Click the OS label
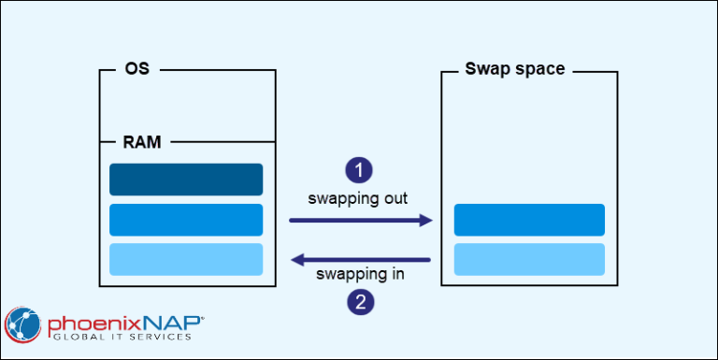(x=136, y=69)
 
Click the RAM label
(x=142, y=142)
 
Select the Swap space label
(x=515, y=69)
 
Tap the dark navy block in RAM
(x=186, y=180)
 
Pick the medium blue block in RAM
(x=186, y=220)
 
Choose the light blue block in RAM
(x=186, y=259)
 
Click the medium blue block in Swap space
(x=529, y=220)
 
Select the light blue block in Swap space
(x=529, y=259)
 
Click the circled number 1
(x=359, y=169)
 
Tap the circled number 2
(x=359, y=301)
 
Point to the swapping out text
(x=359, y=198)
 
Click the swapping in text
(x=359, y=276)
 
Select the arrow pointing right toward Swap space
(x=360, y=221)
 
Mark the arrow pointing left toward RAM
(x=360, y=259)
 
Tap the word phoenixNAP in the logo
(x=122, y=320)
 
